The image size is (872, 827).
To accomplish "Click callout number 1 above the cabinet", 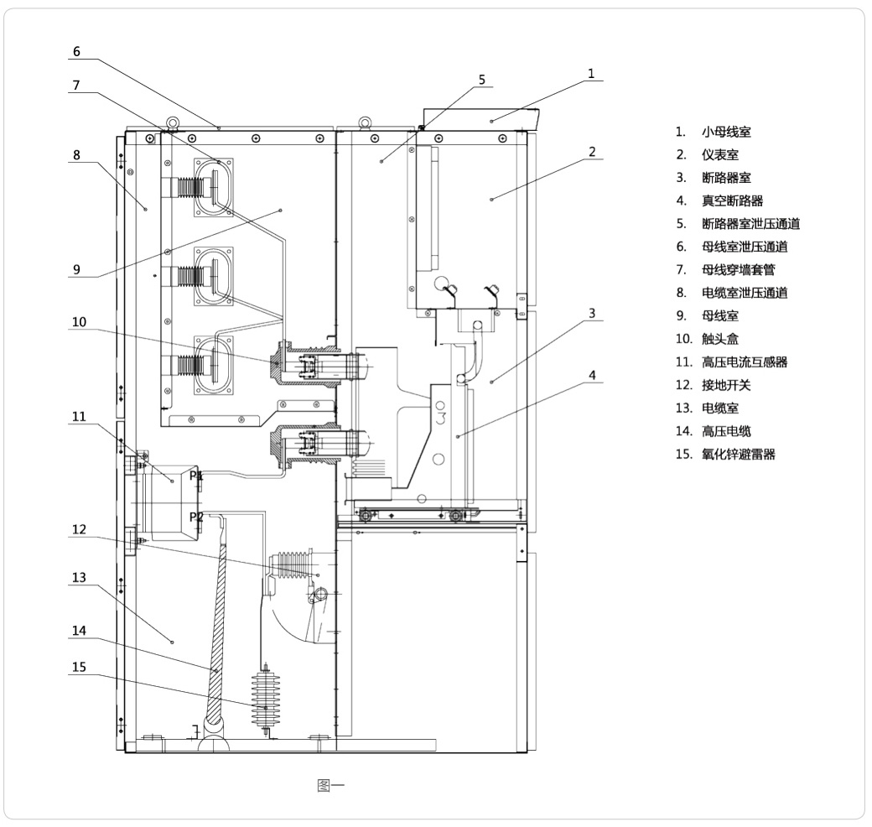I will pos(591,74).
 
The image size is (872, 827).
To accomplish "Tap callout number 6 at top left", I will pos(76,52).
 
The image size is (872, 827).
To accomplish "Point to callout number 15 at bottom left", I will pos(78,668).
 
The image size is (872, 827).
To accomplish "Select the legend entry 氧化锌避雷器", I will pos(738,455).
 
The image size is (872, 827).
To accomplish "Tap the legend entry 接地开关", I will pos(726,385).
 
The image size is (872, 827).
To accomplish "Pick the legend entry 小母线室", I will pos(726,133).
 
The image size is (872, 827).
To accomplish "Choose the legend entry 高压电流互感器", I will pos(744,362).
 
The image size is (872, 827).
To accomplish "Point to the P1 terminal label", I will pos(196,476).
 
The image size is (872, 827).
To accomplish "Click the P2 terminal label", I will pos(196,517).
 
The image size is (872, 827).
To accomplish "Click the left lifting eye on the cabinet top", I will pos(171,123).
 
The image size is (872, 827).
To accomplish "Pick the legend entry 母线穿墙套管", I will pos(738,270).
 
